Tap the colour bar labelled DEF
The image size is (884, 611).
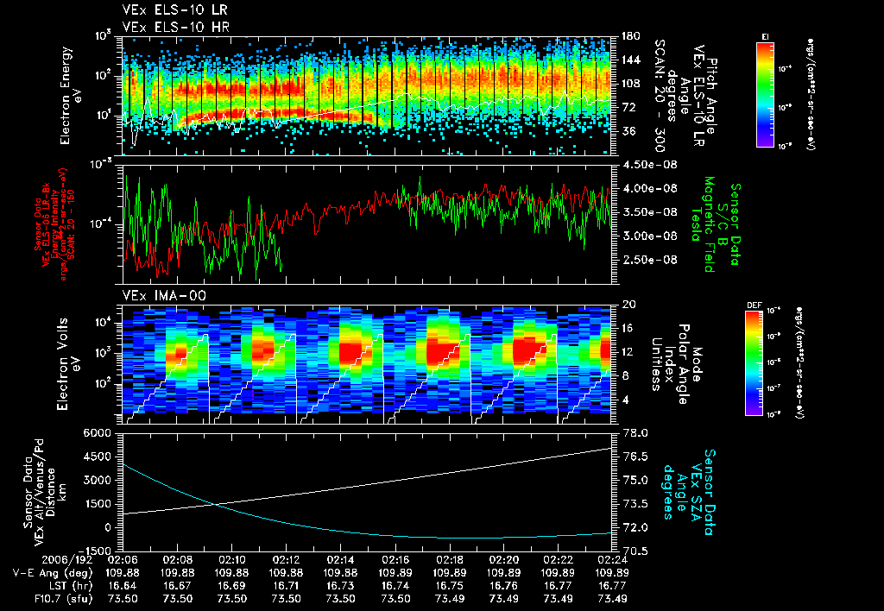[765, 363]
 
